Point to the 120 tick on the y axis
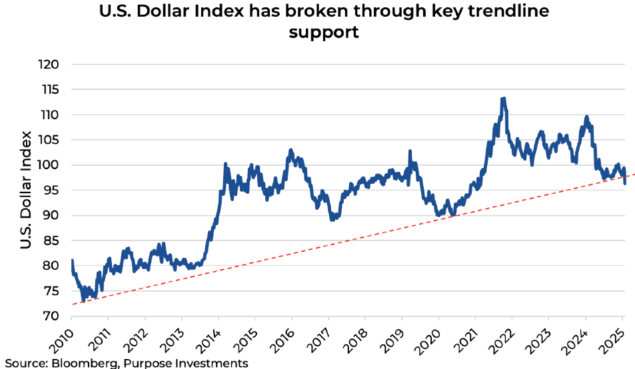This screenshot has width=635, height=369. pos(51,65)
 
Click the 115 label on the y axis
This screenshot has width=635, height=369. pos(51,90)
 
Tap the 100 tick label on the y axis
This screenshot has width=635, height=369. pos(51,165)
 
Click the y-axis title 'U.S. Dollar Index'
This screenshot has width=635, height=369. pos(26,190)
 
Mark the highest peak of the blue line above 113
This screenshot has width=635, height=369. pos(504,99)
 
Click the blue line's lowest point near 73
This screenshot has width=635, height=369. pos(83,301)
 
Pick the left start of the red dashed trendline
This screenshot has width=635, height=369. pos(70,304)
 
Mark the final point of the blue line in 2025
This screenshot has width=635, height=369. pos(625,183)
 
